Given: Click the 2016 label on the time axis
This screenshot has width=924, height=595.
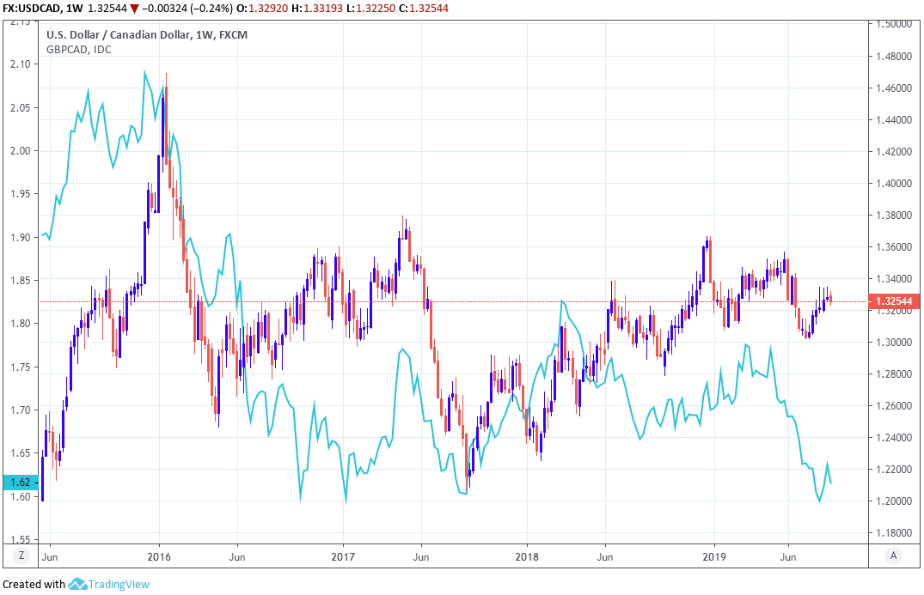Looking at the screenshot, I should pyautogui.click(x=159, y=556).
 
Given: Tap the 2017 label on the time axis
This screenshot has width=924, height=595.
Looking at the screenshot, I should pyautogui.click(x=343, y=556).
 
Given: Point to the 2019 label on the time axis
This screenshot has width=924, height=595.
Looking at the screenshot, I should pyautogui.click(x=714, y=556).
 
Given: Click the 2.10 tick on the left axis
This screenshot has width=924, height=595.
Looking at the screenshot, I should pyautogui.click(x=20, y=64).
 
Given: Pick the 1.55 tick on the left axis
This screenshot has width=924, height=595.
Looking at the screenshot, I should pyautogui.click(x=20, y=540).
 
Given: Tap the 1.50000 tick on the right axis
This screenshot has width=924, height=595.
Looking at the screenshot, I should pyautogui.click(x=895, y=25).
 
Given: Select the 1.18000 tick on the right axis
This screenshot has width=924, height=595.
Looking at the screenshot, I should pyautogui.click(x=895, y=533).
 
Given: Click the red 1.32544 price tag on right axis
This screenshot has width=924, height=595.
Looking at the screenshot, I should pyautogui.click(x=894, y=301).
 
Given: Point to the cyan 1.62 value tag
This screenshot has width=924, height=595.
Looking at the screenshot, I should pyautogui.click(x=18, y=483).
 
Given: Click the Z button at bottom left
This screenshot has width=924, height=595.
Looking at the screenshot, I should pyautogui.click(x=21, y=556).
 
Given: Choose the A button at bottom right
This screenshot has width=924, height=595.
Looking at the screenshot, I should pyautogui.click(x=895, y=556).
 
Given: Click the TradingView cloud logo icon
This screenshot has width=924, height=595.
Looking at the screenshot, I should pyautogui.click(x=77, y=585).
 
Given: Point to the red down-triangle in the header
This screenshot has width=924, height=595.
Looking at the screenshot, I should pyautogui.click(x=134, y=8).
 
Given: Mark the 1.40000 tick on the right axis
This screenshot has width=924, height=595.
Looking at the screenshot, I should pyautogui.click(x=895, y=184).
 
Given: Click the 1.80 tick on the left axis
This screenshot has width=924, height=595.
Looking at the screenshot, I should pyautogui.click(x=20, y=324).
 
